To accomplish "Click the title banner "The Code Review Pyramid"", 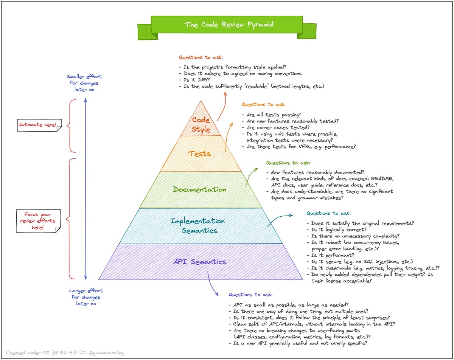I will coord(227,25).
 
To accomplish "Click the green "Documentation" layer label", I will coord(200,189).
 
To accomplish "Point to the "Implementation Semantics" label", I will coord(198,225).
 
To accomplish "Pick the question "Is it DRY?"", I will coord(195,80).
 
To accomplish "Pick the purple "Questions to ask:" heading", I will coord(250,295).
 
